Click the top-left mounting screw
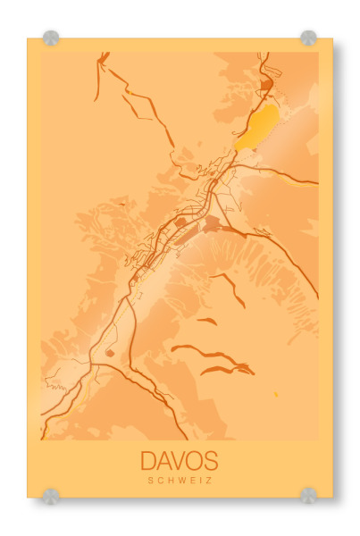click(51, 38)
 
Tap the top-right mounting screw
click(308, 38)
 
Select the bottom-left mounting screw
click(51, 495)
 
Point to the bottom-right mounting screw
click(308, 495)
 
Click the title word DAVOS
click(179, 461)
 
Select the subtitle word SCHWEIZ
click(179, 481)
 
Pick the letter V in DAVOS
click(180, 461)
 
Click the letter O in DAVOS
click(195, 461)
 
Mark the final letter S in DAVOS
click(210, 461)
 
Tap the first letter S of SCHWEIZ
click(151, 481)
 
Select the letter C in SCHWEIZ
click(160, 481)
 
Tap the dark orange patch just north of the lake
click(266, 87)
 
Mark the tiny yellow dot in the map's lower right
click(275, 394)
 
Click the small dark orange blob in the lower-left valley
click(110, 353)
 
